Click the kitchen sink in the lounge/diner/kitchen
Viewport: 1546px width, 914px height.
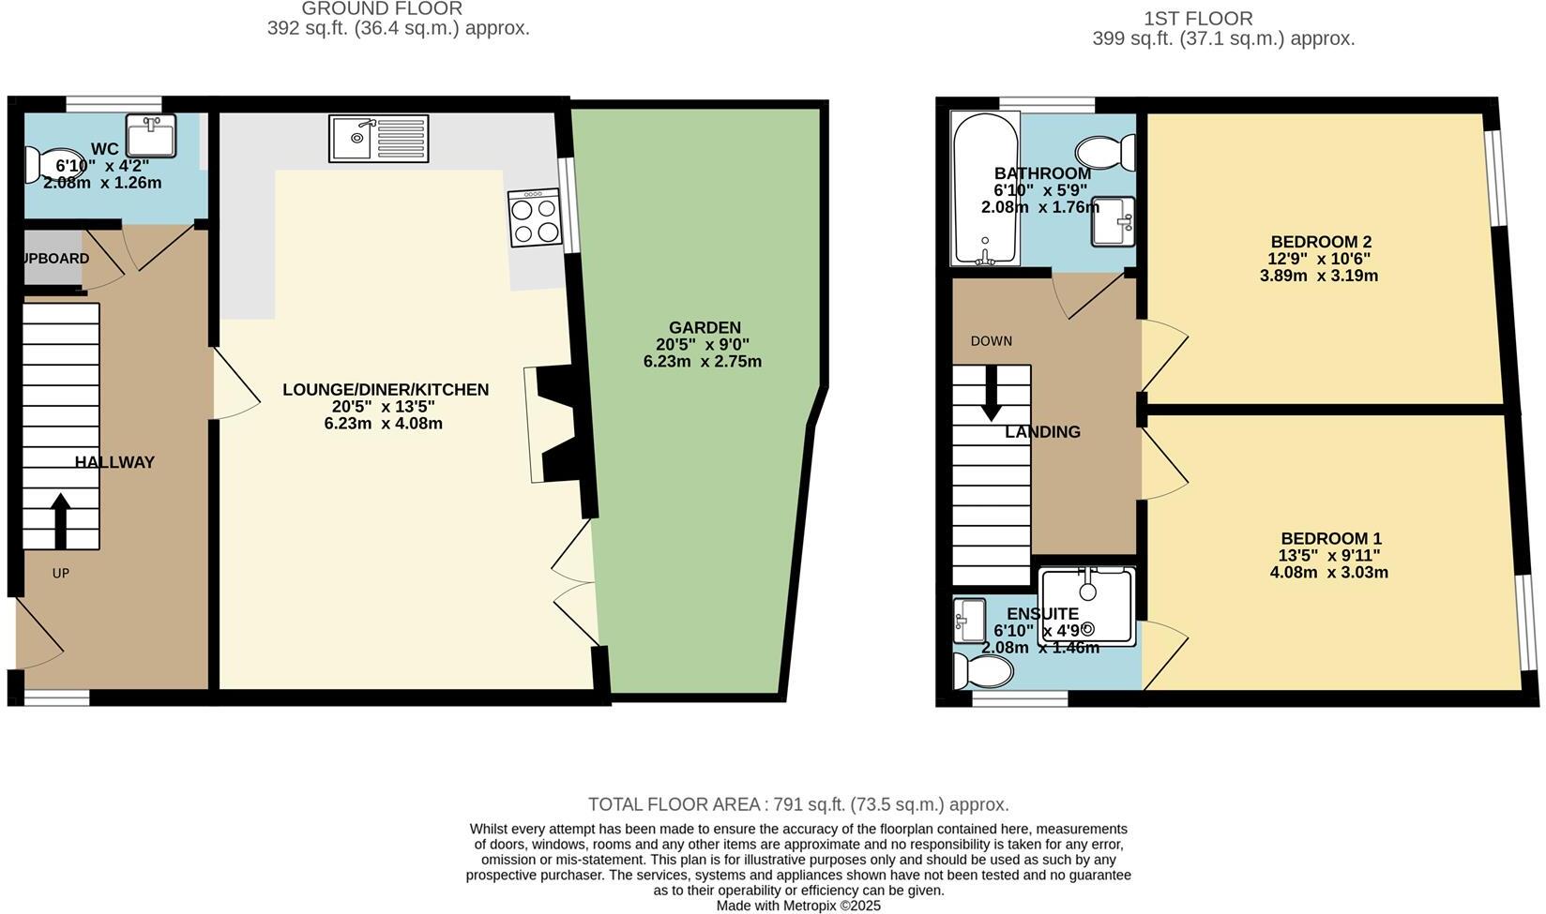(378, 139)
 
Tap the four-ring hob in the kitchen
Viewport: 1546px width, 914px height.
(535, 219)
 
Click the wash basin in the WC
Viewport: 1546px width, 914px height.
(150, 137)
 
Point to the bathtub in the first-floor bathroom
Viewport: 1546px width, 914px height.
(985, 189)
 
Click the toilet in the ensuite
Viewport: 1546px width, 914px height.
(982, 671)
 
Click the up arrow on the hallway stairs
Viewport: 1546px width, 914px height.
(60, 521)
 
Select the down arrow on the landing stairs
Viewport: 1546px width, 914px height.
(991, 394)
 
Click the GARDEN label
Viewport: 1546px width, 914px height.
(705, 327)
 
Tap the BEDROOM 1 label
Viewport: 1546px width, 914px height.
(1330, 539)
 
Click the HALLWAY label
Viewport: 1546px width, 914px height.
(114, 462)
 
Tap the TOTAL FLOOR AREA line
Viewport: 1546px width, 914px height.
(798, 804)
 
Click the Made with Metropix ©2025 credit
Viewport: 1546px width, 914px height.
(798, 906)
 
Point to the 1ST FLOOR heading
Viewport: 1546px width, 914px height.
(1198, 19)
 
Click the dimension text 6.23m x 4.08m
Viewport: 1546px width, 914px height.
(383, 424)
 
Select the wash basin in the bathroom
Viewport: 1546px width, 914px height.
(1113, 222)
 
